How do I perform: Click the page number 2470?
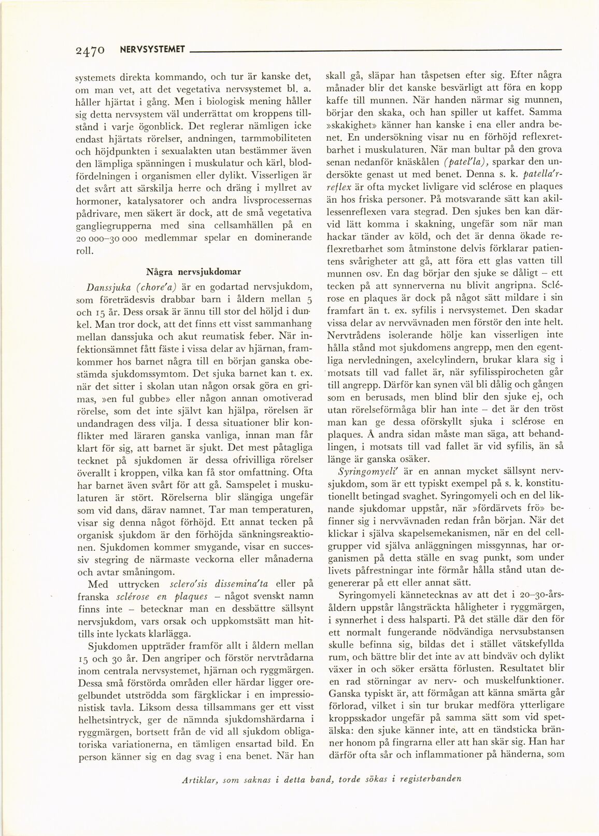[x=90, y=50]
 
